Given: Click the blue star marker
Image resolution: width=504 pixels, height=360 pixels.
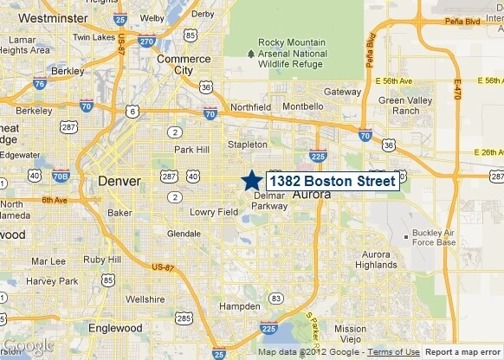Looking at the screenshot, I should click(251, 180).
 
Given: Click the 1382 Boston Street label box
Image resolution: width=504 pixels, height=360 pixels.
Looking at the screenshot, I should click(332, 182).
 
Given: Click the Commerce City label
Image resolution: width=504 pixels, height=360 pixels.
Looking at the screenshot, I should click(183, 65).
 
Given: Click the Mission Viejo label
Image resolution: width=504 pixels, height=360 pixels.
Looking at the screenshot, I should click(351, 334).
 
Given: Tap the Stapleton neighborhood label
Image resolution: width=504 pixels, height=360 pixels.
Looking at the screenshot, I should click(247, 145).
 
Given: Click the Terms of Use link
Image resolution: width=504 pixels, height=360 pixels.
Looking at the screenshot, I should click(393, 352).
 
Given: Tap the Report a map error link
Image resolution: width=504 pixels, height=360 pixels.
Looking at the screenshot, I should click(462, 352).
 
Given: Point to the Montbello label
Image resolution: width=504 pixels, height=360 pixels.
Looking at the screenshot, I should click(304, 106).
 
